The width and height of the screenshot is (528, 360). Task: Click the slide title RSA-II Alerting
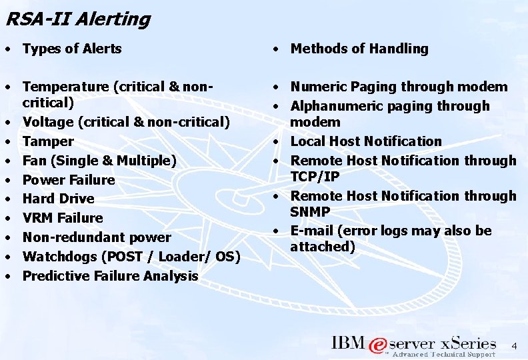pyautogui.click(x=77, y=19)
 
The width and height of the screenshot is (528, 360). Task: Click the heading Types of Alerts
pyautogui.click(x=72, y=48)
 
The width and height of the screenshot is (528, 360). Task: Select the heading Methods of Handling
pyautogui.click(x=359, y=48)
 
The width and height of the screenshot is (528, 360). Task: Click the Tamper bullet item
pyautogui.click(x=48, y=141)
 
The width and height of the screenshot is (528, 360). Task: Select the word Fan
pyautogui.click(x=33, y=161)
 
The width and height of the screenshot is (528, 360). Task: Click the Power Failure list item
pyautogui.click(x=69, y=180)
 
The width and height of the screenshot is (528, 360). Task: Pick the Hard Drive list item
pyautogui.click(x=59, y=199)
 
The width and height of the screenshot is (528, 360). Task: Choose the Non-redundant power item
pyautogui.click(x=97, y=237)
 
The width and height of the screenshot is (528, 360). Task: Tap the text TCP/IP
pyautogui.click(x=315, y=177)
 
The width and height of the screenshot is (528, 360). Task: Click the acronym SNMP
pyautogui.click(x=309, y=211)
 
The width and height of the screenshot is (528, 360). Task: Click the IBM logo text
pyautogui.click(x=347, y=343)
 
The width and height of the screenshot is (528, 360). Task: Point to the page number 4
pyautogui.click(x=513, y=346)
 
